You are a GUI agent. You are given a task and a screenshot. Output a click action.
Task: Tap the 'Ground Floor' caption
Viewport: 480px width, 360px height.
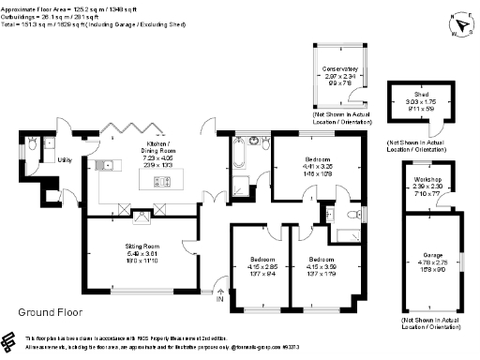point(50,311)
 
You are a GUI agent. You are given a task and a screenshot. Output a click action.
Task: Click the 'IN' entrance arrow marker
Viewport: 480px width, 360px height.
point(220,294)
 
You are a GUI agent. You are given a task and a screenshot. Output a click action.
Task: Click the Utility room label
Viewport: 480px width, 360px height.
point(65,160)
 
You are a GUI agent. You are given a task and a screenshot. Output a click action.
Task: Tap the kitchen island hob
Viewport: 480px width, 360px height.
point(149,184)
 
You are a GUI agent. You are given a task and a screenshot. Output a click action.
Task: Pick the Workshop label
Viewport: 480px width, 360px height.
point(420,181)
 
